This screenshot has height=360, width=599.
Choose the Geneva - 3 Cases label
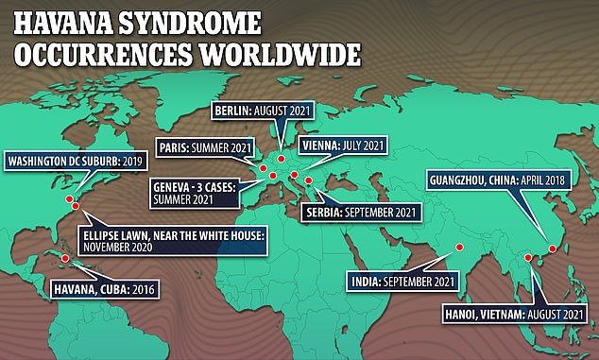coord(197,194)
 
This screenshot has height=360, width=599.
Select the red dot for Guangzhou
coord(552,249)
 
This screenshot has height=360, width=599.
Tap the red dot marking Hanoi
coord(526,256)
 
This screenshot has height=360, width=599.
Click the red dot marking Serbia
coord(308,178)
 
